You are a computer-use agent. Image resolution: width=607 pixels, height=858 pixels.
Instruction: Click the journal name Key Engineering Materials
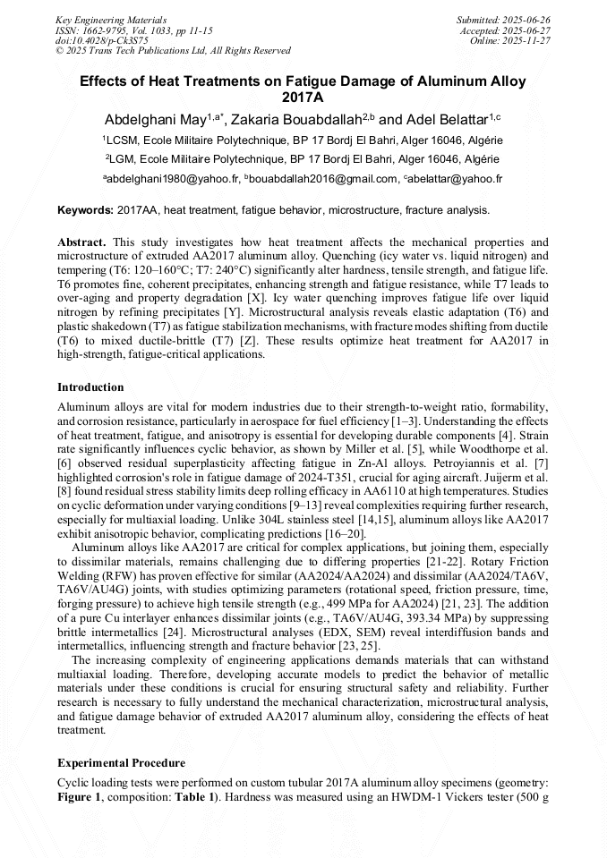tap(110, 19)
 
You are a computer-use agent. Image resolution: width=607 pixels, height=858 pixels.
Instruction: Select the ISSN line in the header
tap(133, 30)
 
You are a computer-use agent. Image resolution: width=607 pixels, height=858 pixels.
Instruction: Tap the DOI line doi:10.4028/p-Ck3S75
tap(101, 40)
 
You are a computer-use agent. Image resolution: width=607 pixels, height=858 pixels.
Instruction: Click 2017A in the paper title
tap(303, 98)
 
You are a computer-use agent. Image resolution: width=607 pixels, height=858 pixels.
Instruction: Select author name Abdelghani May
tap(155, 119)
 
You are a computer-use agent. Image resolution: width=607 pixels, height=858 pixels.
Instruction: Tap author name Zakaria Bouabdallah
tap(300, 119)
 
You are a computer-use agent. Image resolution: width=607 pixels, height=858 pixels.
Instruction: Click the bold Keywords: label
tap(85, 211)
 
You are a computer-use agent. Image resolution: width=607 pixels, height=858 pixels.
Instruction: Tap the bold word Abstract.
tap(81, 242)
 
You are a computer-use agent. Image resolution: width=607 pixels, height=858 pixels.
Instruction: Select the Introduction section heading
tap(90, 387)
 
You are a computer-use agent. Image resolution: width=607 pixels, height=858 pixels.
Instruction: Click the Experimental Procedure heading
tap(121, 763)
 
